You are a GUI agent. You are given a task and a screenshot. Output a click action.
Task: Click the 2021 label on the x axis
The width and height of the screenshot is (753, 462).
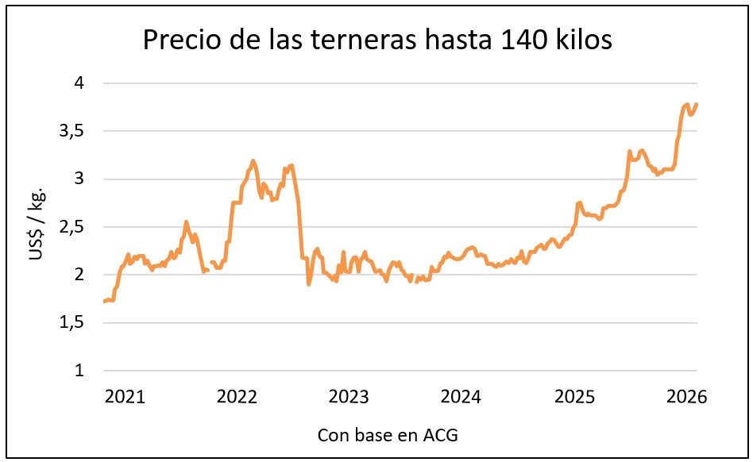click(x=125, y=396)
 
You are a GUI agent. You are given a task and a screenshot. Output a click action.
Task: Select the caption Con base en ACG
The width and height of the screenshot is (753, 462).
click(x=388, y=435)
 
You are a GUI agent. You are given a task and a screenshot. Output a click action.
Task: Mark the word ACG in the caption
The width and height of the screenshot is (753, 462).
click(x=442, y=435)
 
